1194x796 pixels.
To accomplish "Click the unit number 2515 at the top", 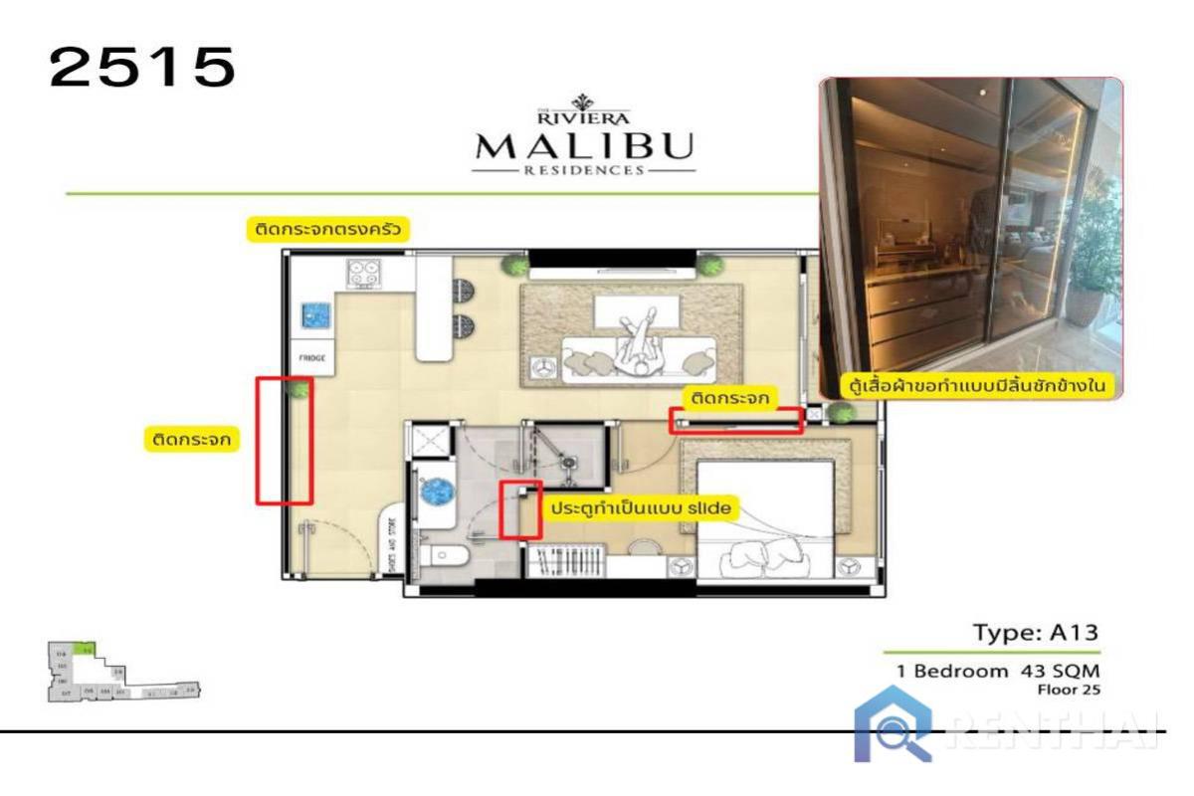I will [142, 68].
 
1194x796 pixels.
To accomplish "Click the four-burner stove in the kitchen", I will [365, 274].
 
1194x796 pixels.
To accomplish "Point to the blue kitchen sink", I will [317, 317].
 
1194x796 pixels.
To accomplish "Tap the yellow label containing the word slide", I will [642, 508].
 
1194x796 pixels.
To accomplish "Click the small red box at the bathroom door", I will [519, 510].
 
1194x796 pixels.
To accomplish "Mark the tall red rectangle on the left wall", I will [285, 440].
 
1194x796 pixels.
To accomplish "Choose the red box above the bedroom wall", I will [736, 421].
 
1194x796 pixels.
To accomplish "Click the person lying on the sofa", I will [637, 348].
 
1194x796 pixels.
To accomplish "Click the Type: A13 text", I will [1035, 633].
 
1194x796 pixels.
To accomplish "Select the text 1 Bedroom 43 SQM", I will [998, 671].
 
